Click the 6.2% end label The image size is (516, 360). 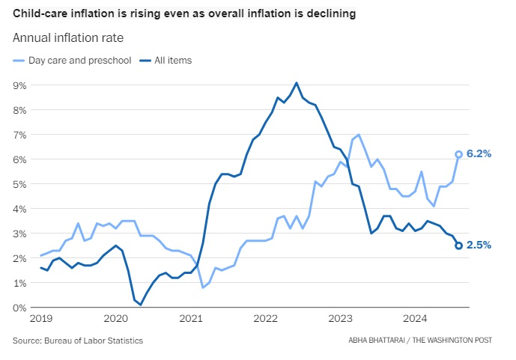(479, 154)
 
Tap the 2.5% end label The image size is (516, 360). (479, 245)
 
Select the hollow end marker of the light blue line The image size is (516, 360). (458, 154)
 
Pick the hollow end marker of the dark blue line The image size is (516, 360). (458, 245)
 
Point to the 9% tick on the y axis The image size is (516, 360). (20, 85)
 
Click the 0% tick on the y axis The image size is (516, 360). (20, 308)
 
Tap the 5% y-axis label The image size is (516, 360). (20, 184)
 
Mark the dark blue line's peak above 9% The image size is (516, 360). (297, 82)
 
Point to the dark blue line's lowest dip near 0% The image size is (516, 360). (141, 305)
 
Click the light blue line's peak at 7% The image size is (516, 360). (359, 135)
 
